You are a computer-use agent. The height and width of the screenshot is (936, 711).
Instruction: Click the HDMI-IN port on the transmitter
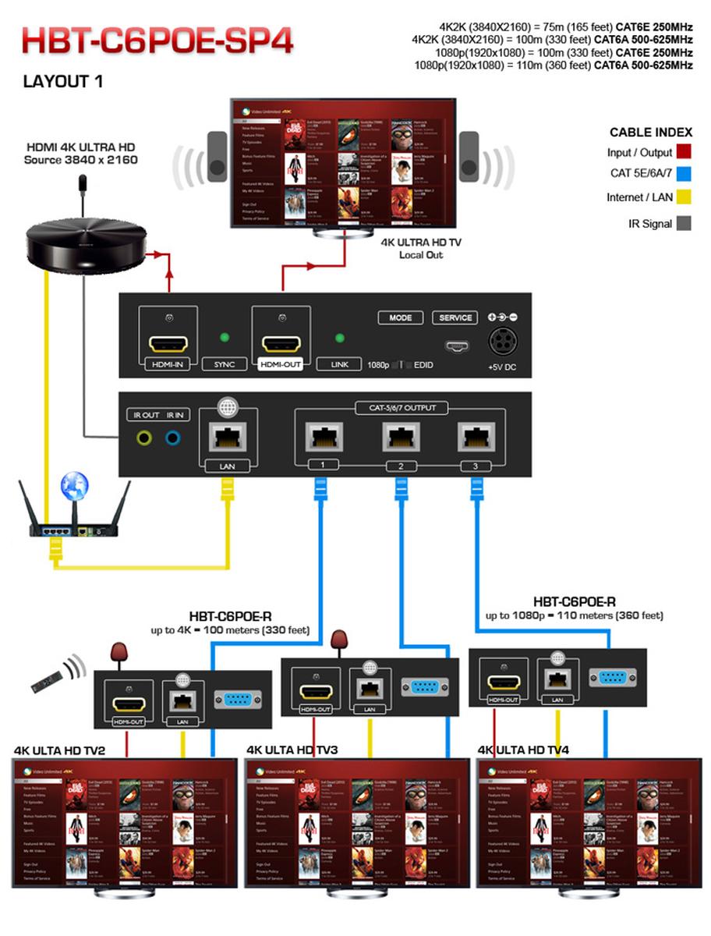click(x=168, y=344)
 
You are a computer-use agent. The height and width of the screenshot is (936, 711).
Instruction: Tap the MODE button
click(x=400, y=318)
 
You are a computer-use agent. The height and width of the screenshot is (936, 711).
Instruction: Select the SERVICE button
click(x=455, y=318)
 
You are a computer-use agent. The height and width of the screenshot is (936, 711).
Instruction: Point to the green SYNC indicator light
click(x=224, y=338)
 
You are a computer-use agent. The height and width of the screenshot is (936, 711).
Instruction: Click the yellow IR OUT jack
click(x=145, y=438)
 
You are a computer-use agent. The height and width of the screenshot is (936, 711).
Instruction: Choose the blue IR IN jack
click(x=173, y=438)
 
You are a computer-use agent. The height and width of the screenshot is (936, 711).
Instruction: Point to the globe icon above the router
click(x=75, y=487)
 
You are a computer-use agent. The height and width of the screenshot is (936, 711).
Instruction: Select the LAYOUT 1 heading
click(x=63, y=81)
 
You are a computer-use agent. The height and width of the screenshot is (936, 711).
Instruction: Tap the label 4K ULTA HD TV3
click(x=293, y=750)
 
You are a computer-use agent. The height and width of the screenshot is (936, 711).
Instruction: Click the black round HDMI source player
click(x=86, y=242)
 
